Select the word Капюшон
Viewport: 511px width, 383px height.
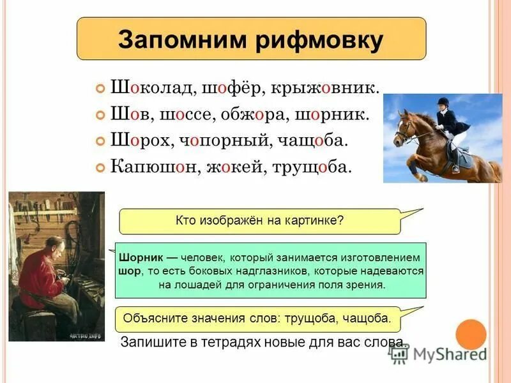153,168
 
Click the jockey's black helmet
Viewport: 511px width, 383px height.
443,101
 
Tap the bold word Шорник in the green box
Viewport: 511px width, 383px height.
141,258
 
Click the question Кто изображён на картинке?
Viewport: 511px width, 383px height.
259,220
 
